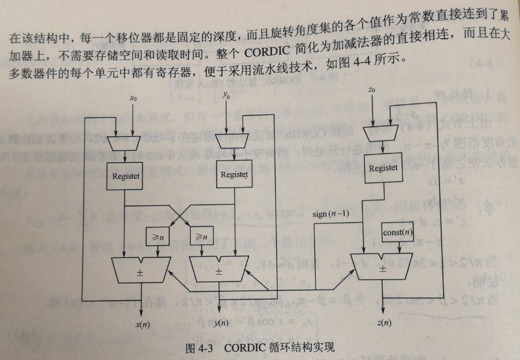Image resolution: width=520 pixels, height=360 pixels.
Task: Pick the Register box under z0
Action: tap(383, 168)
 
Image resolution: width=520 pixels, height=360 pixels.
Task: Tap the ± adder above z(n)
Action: tap(383, 267)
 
